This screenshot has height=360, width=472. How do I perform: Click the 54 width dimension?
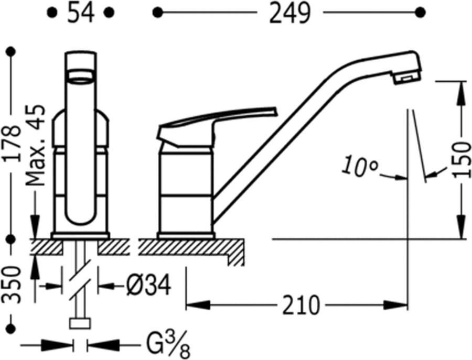pos(80,13)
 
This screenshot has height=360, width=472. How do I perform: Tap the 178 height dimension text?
pos(13,144)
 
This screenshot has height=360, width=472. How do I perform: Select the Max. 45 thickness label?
pos(35,145)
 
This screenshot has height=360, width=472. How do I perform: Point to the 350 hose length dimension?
pos(12,284)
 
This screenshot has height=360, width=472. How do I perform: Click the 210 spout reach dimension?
pos(301,305)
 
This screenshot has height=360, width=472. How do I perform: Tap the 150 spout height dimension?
pos(462,160)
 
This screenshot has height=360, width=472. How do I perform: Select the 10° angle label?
pos(360,166)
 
